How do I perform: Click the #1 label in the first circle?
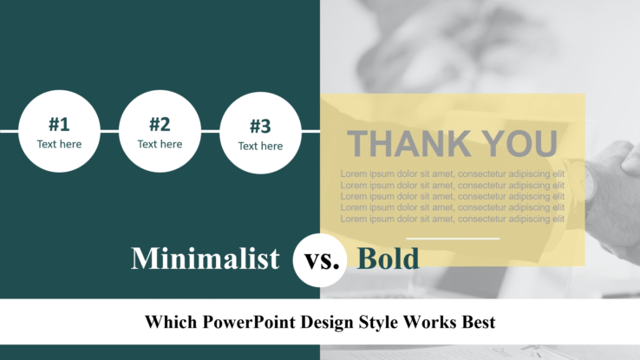(59, 124)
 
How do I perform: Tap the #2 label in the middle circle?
(160, 124)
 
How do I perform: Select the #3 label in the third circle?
(260, 126)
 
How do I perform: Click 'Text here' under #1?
(59, 144)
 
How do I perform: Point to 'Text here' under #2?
(160, 144)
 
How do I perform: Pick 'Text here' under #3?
(260, 146)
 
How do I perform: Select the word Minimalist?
(206, 258)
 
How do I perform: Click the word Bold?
(389, 258)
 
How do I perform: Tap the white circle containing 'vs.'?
(321, 259)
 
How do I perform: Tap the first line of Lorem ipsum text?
(452, 173)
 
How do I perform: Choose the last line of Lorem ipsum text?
(452, 219)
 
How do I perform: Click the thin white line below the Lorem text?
(453, 238)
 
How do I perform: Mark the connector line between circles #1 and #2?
(109, 131)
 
